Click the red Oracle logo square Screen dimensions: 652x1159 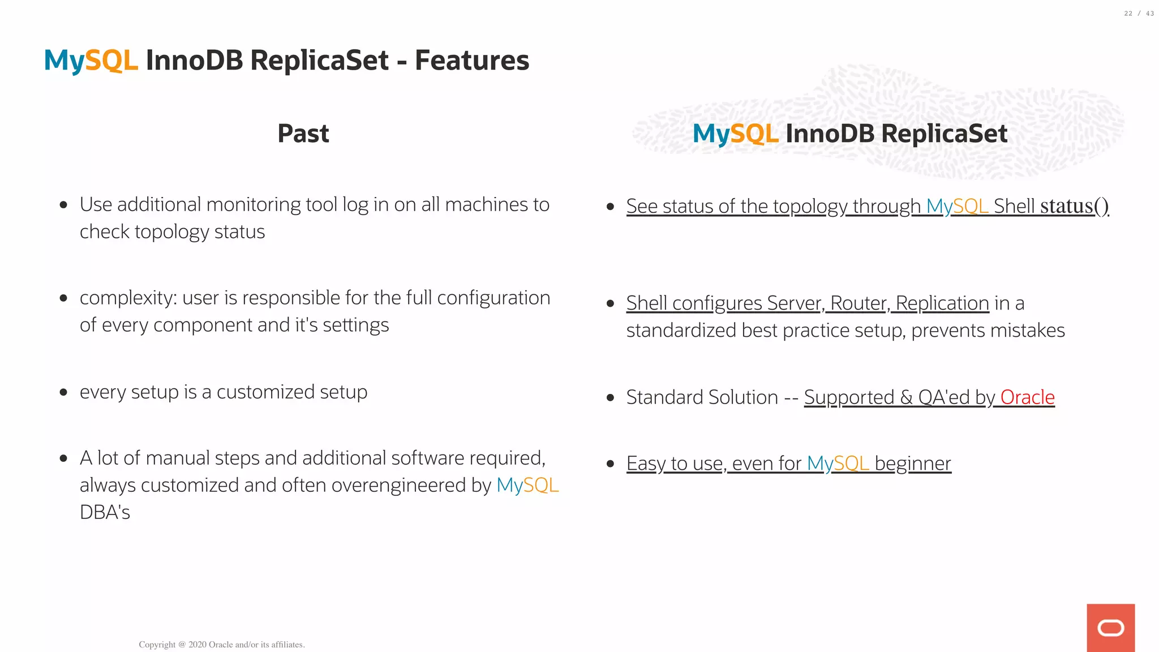pos(1110,628)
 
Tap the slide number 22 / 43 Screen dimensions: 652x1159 pos(1139,14)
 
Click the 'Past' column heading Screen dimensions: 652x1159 pos(303,134)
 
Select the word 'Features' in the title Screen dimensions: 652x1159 pos(472,61)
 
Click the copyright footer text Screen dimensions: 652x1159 pos(222,645)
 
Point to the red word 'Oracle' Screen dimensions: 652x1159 pos(1027,397)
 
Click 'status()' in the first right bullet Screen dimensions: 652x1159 pos(1074,206)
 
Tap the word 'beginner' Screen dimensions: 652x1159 pos(913,464)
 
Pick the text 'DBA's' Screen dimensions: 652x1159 pos(105,513)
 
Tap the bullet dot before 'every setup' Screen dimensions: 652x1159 pos(63,392)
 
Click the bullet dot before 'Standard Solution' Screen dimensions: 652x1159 pos(610,398)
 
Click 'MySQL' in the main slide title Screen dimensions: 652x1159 pos(91,61)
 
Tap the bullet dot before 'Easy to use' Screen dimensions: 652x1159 pos(610,464)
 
